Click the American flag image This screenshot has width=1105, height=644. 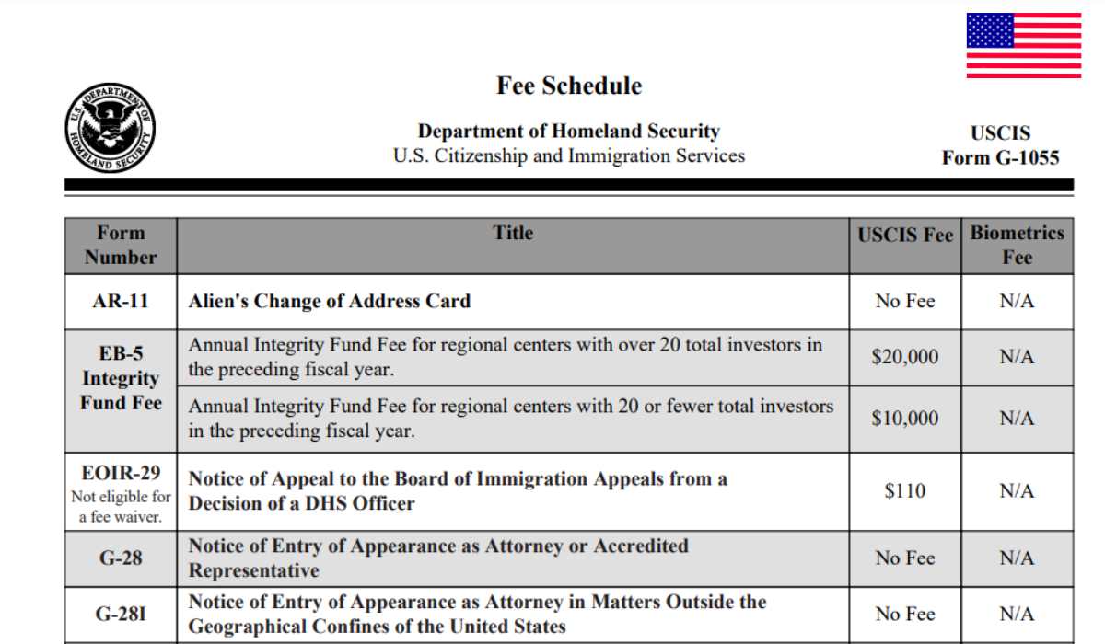click(x=1023, y=46)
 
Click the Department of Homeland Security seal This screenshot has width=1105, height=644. click(x=110, y=128)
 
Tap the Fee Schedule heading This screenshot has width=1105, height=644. click(x=569, y=86)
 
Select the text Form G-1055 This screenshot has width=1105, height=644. click(x=1000, y=157)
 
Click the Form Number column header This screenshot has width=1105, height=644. click(x=121, y=245)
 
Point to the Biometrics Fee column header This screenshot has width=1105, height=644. click(x=1017, y=245)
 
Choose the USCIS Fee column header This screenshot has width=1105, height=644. click(x=905, y=235)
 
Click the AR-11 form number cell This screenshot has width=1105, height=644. click(x=121, y=301)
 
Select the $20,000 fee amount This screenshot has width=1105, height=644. click(x=905, y=356)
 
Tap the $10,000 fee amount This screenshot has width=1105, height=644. click(x=905, y=418)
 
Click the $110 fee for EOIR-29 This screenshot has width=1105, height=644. click(x=905, y=491)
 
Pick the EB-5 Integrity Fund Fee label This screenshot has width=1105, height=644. click(x=121, y=378)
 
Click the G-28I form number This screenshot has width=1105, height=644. click(x=121, y=614)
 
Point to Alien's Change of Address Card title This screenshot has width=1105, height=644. click(x=330, y=301)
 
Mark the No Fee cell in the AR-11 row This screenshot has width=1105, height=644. click(x=905, y=301)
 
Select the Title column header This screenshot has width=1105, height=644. click(x=513, y=233)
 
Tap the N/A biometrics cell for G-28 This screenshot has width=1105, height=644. click(x=1017, y=558)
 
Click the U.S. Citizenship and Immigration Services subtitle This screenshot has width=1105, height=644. click(x=568, y=155)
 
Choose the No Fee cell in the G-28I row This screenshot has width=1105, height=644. click(x=905, y=614)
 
